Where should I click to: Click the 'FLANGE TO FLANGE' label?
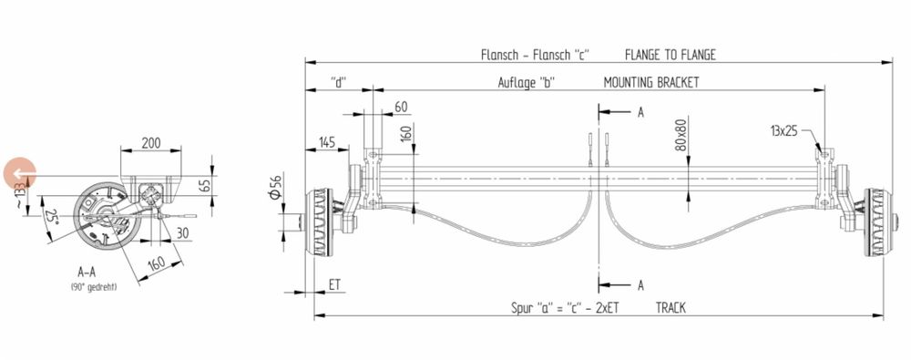point(670,55)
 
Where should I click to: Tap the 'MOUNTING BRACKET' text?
point(650,82)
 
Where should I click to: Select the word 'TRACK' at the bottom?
point(670,307)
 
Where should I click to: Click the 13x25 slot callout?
point(783,131)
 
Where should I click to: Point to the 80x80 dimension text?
point(681,135)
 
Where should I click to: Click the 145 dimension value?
point(328,142)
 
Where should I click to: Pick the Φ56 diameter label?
point(276,187)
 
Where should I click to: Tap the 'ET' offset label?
point(334,285)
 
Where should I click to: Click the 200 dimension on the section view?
point(151,142)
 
